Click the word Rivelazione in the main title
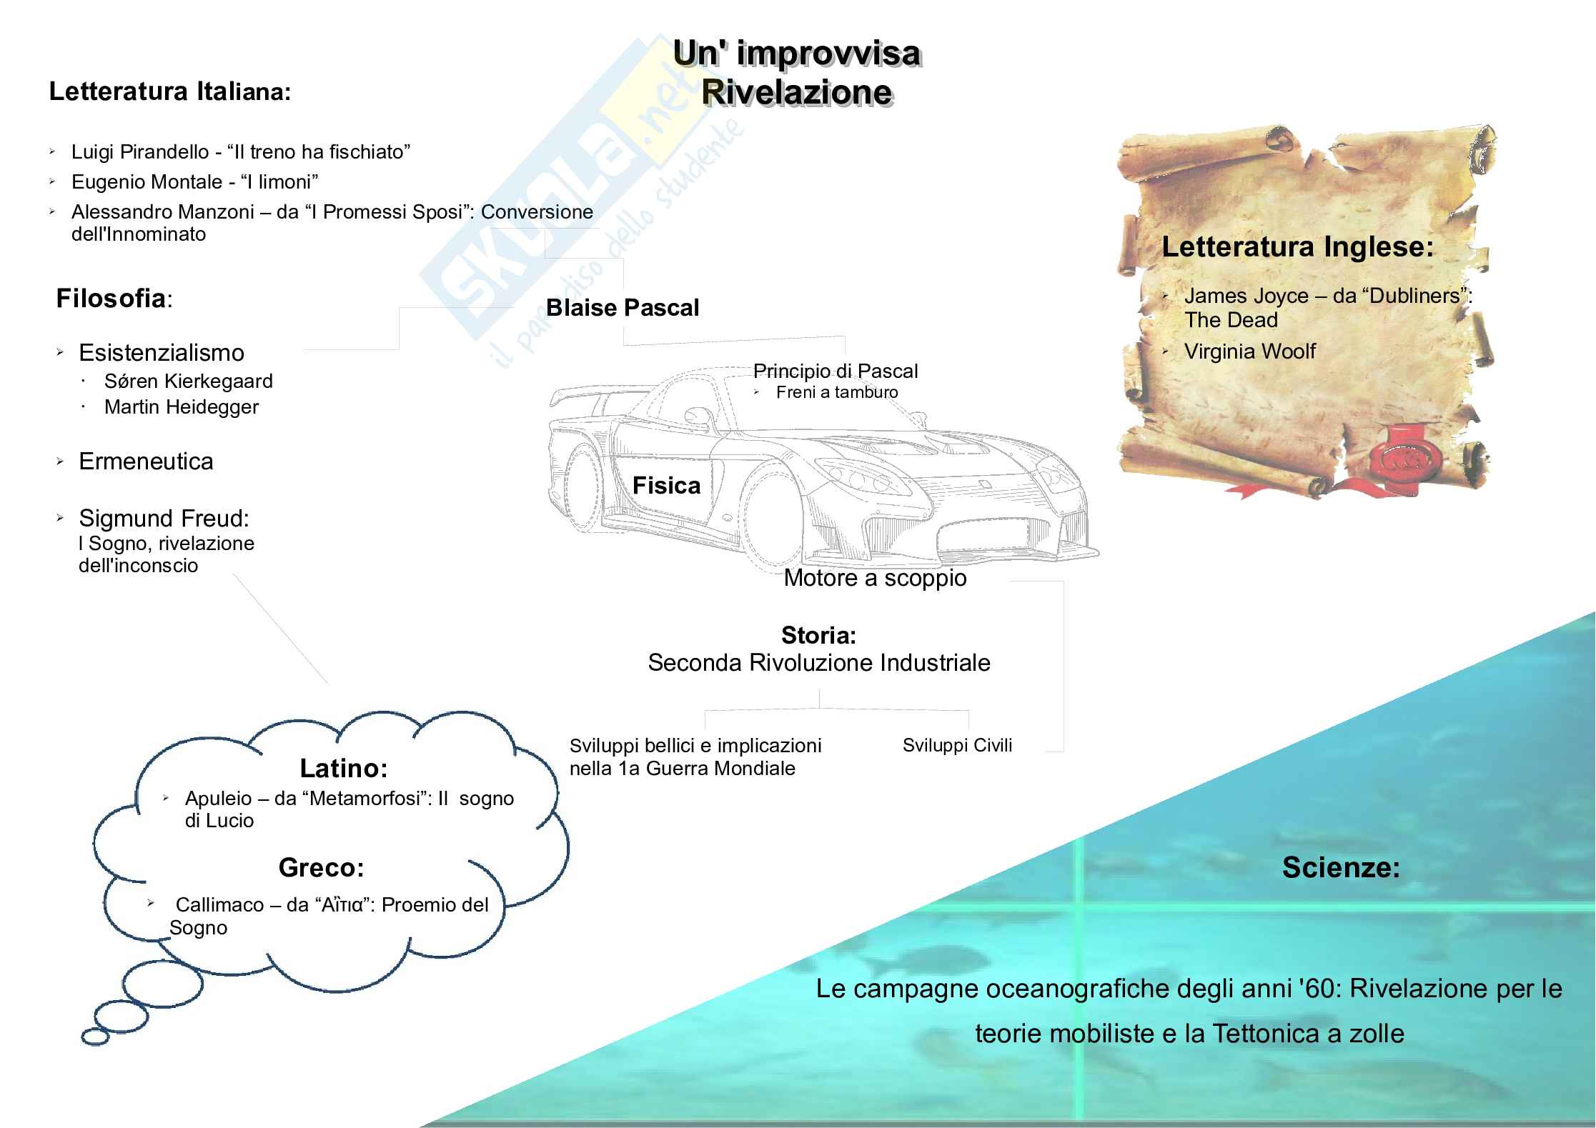coord(796,93)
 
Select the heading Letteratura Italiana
coord(169,92)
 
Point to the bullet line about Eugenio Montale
coord(194,182)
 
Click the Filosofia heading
coord(111,299)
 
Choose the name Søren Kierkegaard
coord(188,381)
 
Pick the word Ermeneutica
coord(146,461)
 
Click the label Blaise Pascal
coord(622,308)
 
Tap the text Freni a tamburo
coord(836,392)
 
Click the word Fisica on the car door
coord(666,486)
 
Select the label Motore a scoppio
coord(875,578)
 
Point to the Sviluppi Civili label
coord(957,745)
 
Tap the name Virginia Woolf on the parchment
coord(1249,351)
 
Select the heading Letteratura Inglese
coord(1297,247)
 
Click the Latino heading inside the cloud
coord(343,769)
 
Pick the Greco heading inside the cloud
coord(321,868)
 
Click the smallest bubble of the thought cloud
coord(95,1036)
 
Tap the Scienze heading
coord(1341,868)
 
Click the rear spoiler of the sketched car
coord(579,394)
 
